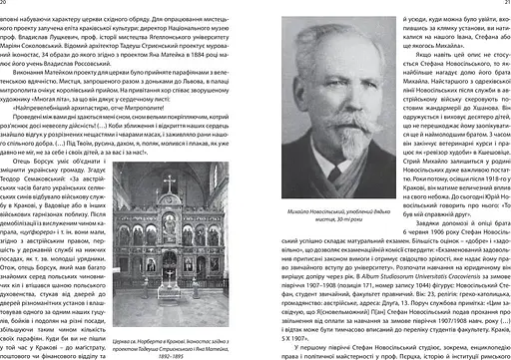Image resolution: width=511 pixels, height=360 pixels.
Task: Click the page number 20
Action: pos(6,4)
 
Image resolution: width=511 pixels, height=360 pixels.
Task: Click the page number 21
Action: pos(504,4)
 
